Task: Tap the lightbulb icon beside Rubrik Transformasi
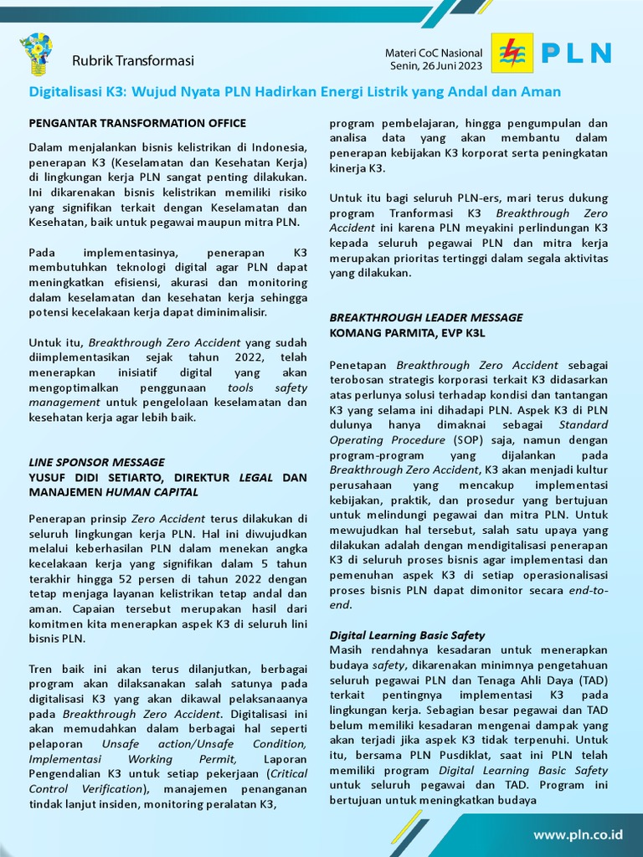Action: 36,54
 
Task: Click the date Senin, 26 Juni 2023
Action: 435,65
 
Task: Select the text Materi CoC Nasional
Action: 434,53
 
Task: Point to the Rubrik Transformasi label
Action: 132,60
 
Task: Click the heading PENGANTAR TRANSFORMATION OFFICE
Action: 137,123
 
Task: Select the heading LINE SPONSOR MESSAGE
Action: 97,462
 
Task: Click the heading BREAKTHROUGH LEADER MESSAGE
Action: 426,318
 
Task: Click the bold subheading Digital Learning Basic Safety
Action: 407,635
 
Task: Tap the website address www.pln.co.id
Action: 579,834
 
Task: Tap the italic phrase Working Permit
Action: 172,759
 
